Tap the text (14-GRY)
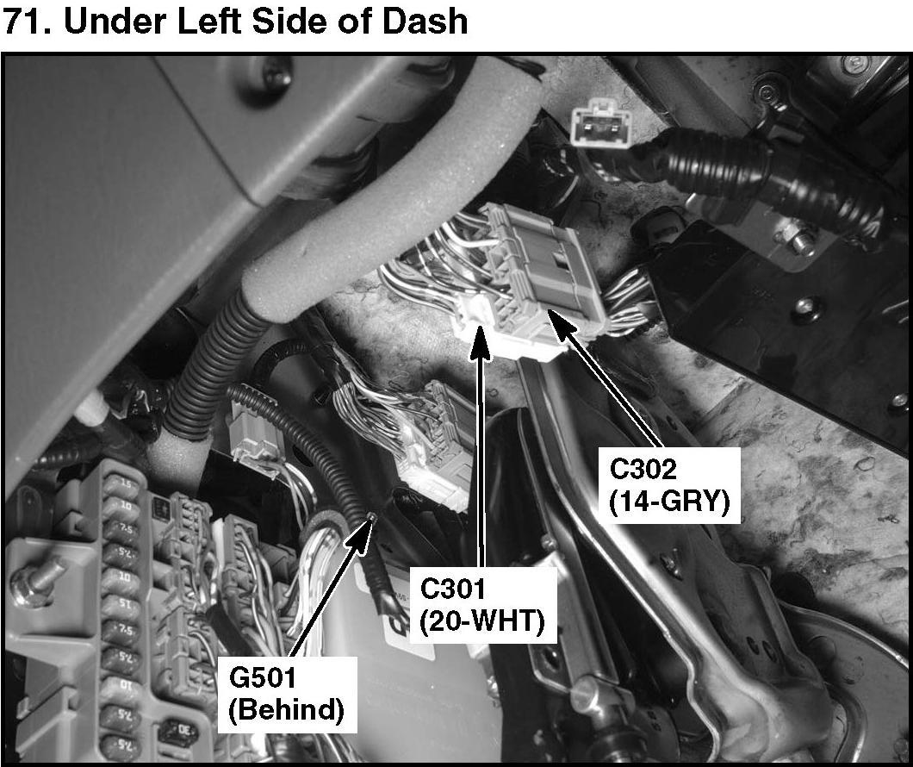coord(674,501)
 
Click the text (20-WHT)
coord(482,621)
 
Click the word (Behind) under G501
coord(287,710)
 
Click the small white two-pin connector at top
coord(594,123)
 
